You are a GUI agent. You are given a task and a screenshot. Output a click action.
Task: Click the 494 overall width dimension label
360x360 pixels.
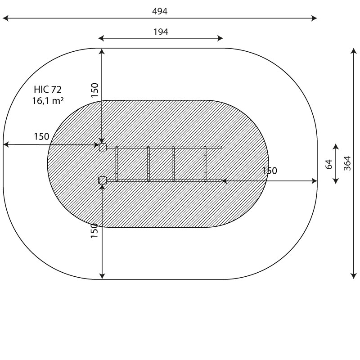click(160, 11)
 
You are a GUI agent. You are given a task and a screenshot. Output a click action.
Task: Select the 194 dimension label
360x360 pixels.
click(161, 31)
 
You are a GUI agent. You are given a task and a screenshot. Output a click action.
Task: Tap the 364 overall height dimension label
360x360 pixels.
click(347, 163)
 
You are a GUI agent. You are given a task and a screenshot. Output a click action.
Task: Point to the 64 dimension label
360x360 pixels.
click(329, 164)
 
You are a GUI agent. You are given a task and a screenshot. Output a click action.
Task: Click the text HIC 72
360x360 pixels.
click(48, 89)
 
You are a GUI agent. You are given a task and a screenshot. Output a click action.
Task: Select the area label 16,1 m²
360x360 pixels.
click(48, 100)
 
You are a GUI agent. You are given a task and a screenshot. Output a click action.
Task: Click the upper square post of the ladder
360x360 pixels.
click(103, 147)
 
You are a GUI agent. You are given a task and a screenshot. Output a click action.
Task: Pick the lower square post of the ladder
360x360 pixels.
click(103, 180)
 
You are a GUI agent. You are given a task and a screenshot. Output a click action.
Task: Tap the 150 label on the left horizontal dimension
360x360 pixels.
click(41, 137)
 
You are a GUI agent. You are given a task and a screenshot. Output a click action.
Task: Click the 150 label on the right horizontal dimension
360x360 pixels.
click(270, 171)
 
